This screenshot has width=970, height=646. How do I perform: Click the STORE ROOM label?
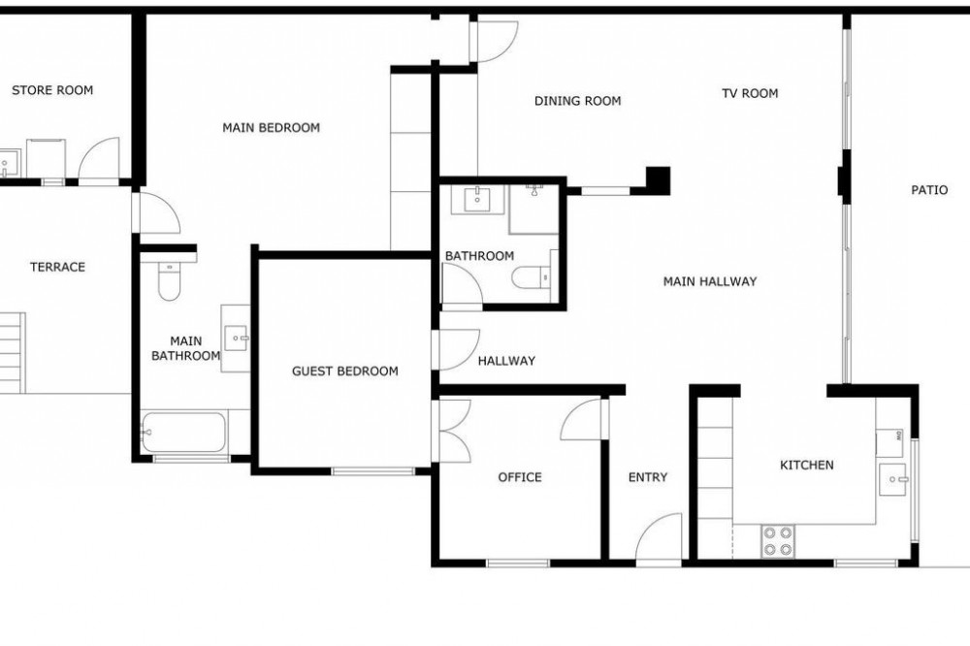click(52, 90)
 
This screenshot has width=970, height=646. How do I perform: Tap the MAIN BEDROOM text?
click(271, 128)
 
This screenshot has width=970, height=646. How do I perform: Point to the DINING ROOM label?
click(578, 101)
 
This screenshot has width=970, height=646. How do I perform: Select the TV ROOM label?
click(750, 93)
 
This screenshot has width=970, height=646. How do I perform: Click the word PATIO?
click(929, 190)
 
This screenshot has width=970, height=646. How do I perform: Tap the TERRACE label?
click(57, 268)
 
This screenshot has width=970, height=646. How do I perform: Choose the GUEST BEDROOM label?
click(345, 371)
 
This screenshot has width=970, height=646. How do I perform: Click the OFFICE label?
click(520, 477)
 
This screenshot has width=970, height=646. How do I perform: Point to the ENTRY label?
click(648, 477)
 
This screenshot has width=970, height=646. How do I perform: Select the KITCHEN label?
click(807, 465)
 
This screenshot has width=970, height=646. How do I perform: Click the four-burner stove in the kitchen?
click(778, 541)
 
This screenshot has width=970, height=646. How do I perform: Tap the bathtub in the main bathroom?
click(183, 432)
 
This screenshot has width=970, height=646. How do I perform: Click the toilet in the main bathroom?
click(168, 279)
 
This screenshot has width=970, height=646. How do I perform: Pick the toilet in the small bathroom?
click(532, 277)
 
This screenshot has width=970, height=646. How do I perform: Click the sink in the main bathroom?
click(237, 339)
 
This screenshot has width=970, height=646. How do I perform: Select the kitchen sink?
click(892, 479)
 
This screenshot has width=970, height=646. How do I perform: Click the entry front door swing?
click(660, 537)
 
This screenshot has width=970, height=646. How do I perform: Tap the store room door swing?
click(99, 159)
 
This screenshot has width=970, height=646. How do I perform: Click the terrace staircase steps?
click(13, 353)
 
